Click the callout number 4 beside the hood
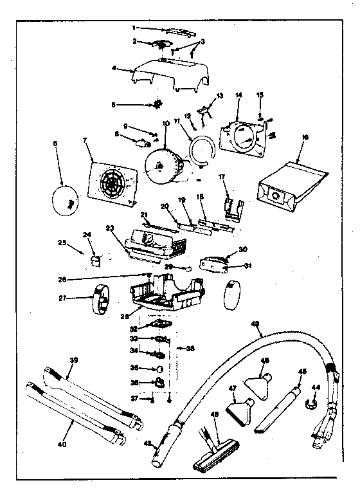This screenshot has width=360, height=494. [114, 69]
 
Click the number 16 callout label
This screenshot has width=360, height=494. [304, 137]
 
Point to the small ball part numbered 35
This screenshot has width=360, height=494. [158, 369]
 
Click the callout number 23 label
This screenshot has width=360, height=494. [110, 227]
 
